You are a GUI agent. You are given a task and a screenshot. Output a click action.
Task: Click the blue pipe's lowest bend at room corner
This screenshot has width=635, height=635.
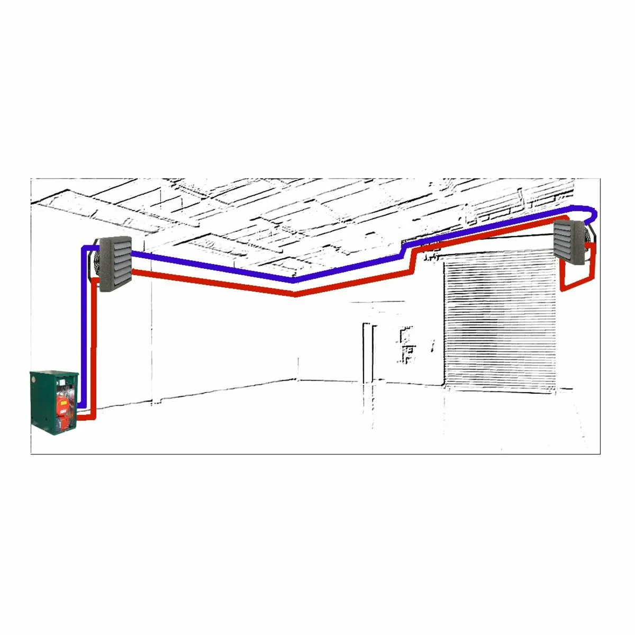point(294,280)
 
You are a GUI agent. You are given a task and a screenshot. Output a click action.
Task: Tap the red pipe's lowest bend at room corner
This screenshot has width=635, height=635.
point(295,294)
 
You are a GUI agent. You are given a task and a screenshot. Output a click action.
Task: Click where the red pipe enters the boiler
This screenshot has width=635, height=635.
point(83,418)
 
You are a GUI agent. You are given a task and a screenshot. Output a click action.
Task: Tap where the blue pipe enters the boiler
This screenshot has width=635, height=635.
point(79,406)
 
